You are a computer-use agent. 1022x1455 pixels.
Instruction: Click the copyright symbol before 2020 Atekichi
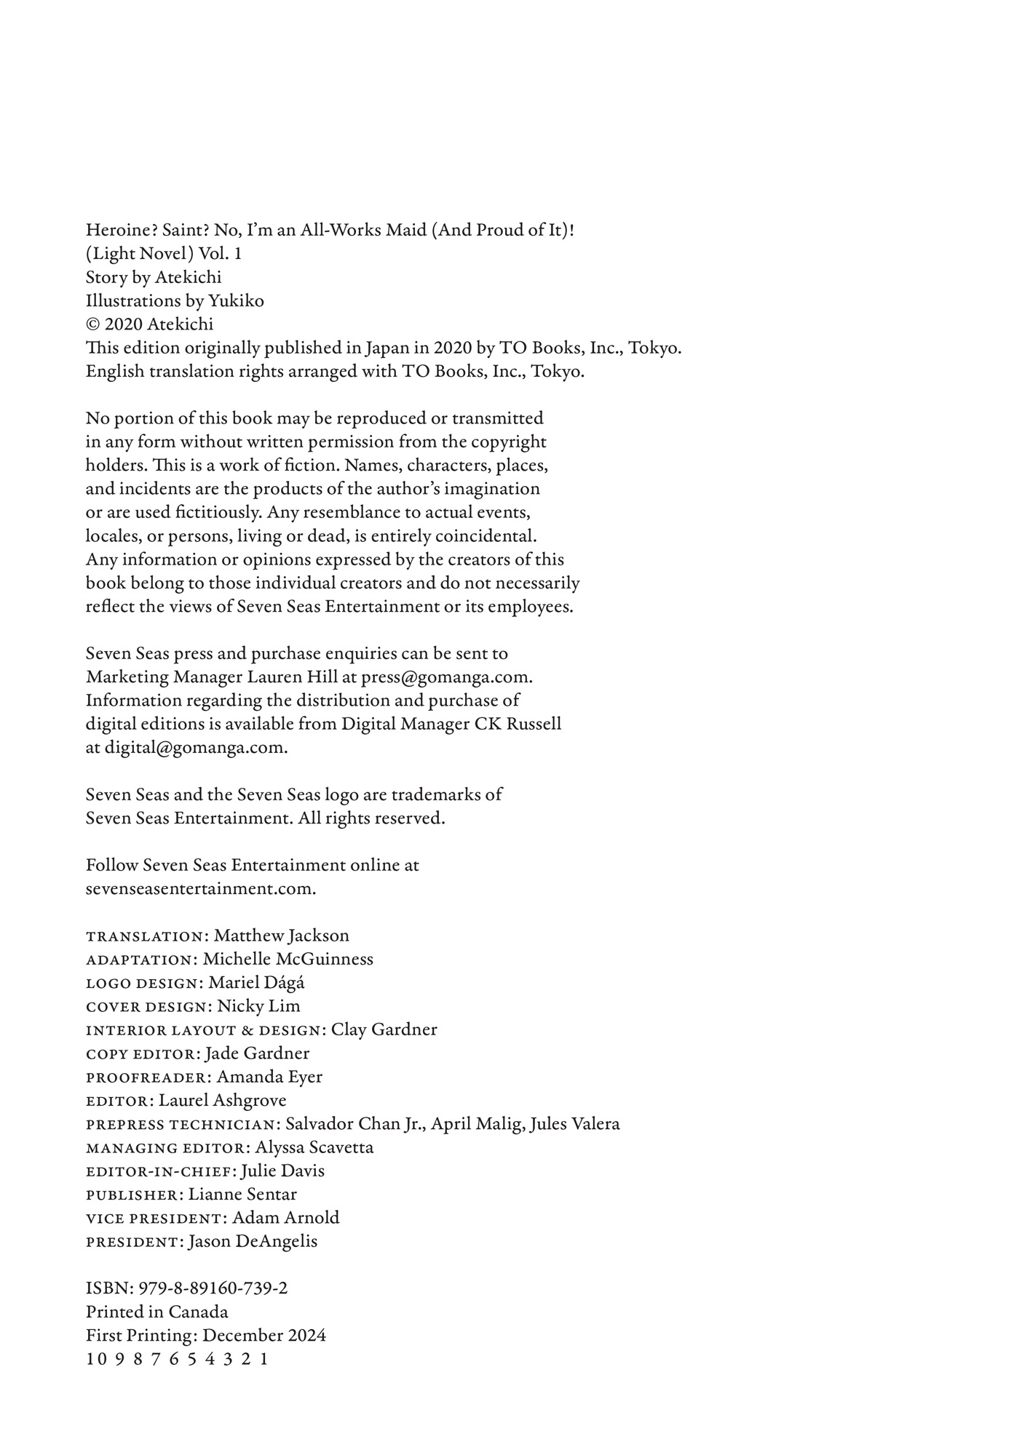point(93,324)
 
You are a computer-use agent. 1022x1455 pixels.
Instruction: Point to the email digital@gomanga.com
point(196,748)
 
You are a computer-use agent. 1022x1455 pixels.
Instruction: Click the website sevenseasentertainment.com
point(201,889)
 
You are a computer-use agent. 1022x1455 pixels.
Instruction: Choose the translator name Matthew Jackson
point(281,936)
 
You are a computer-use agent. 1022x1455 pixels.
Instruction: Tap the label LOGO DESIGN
point(142,984)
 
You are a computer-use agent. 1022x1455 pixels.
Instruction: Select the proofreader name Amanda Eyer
point(269,1077)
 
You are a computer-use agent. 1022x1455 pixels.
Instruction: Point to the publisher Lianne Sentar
point(242,1195)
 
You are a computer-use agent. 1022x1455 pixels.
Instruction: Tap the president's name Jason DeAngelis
point(253,1242)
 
